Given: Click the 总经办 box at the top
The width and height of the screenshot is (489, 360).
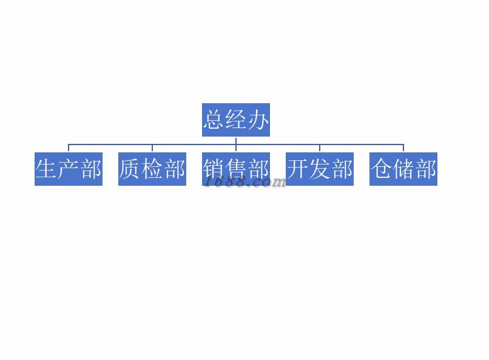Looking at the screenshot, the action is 236,120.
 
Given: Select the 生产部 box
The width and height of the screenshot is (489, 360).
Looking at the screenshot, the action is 69,169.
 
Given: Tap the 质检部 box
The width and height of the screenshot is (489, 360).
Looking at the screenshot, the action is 152,169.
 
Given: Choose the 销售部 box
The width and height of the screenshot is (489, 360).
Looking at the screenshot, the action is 236,169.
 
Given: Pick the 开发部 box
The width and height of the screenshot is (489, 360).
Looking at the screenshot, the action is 320,169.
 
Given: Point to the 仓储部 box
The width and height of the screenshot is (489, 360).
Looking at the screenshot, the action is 403,169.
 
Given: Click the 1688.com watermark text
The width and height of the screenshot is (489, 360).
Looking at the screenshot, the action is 244,182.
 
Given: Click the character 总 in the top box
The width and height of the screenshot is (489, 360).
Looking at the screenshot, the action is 214,120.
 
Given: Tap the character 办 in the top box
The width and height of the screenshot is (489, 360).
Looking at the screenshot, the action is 258,120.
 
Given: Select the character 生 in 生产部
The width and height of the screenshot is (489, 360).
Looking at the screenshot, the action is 46,169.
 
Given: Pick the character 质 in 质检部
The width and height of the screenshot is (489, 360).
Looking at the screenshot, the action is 130,169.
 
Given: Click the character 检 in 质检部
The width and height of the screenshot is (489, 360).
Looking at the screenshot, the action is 152,169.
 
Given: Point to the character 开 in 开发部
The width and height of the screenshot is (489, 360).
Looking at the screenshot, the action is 297,168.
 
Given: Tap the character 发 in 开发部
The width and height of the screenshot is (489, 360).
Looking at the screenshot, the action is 320,169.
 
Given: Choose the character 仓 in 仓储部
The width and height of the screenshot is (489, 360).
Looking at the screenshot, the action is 381,169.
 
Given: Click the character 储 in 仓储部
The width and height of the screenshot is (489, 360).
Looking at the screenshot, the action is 403,169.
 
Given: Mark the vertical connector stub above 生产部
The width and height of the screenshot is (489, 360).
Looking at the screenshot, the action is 69,148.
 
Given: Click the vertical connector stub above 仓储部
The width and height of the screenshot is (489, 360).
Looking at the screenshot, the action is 403,148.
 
